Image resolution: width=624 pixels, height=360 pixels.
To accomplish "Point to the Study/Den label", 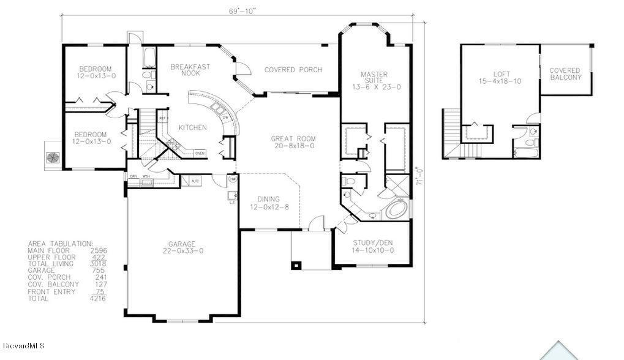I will click(x=373, y=247).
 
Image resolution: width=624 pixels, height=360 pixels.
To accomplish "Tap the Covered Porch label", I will click(x=293, y=70).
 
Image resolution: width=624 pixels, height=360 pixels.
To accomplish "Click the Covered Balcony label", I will click(x=565, y=74).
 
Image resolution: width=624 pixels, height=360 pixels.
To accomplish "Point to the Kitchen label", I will click(x=192, y=127).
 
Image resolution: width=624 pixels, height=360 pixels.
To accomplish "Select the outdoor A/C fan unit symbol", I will click(x=51, y=156).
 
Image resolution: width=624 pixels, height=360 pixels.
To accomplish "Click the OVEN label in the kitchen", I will click(x=200, y=153).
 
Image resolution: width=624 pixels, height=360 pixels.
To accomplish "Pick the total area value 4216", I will click(x=97, y=298).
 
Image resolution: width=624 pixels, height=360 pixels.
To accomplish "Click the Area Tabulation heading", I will click(x=60, y=244).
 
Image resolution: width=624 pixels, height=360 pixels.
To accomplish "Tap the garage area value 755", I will click(x=99, y=271).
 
